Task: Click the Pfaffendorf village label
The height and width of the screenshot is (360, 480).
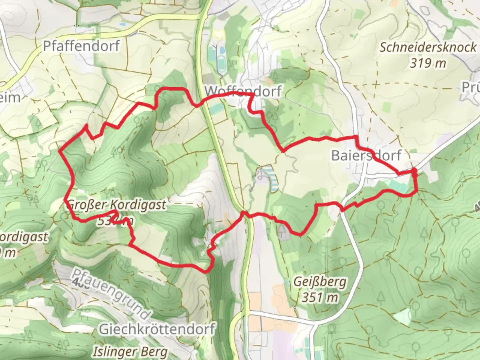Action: (x=81, y=46)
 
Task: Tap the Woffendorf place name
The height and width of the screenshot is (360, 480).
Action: (x=243, y=91)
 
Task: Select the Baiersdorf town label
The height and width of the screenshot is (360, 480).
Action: (x=366, y=155)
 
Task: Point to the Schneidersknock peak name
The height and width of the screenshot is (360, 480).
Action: (x=428, y=47)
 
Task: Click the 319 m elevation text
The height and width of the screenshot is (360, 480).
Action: (x=428, y=63)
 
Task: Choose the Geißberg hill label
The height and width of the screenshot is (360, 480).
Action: (x=320, y=282)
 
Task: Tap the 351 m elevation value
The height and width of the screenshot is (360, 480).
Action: (x=320, y=297)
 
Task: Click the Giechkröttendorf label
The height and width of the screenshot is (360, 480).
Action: (x=157, y=329)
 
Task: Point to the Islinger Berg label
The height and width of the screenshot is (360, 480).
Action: (x=130, y=351)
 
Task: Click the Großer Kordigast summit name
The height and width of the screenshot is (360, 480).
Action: (x=116, y=205)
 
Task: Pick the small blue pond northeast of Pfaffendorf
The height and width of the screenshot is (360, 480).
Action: (x=123, y=25)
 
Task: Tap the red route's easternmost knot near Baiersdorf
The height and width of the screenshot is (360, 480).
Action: (x=414, y=171)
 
